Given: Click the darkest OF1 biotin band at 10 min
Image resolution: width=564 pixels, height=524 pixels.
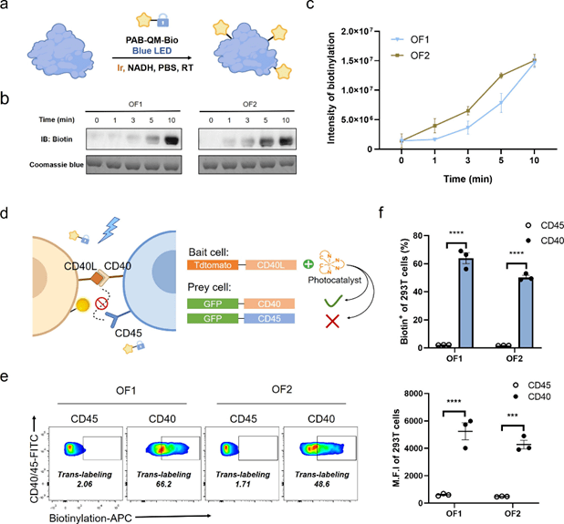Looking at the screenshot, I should [167, 139].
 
